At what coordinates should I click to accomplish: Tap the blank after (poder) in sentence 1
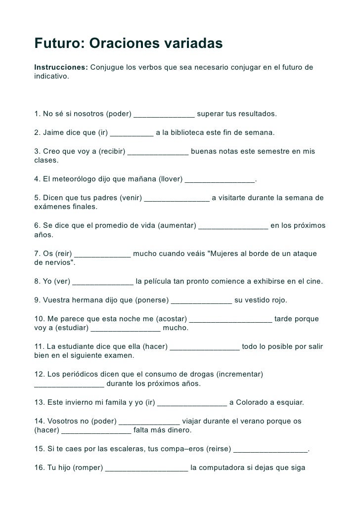pyautogui.click(x=164, y=115)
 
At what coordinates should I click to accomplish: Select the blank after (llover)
pyautogui.click(x=220, y=180)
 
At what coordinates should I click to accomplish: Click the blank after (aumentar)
pyautogui.click(x=233, y=226)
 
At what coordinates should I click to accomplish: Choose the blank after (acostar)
pyautogui.click(x=230, y=319)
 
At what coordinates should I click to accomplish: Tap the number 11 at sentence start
pyautogui.click(x=39, y=346)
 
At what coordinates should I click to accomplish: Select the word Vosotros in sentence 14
pyautogui.click(x=63, y=421)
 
